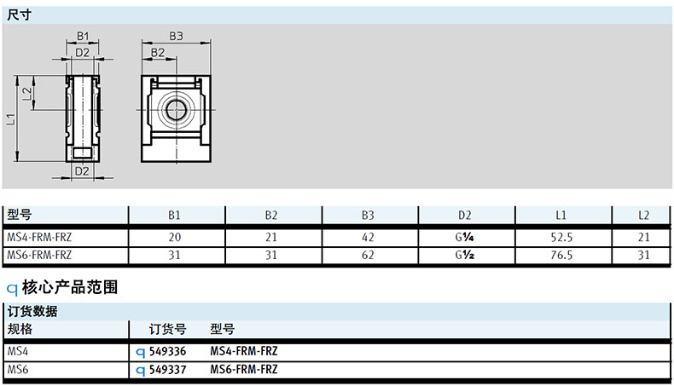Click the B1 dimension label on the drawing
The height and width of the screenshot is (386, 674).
pyautogui.click(x=83, y=36)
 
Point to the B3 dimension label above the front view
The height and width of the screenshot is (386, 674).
pyautogui.click(x=176, y=36)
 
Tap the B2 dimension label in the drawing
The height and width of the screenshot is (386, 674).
pyautogui.click(x=158, y=53)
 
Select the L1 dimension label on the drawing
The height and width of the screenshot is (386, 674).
pyautogui.click(x=11, y=119)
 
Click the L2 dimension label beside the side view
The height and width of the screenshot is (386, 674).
pyautogui.click(x=27, y=94)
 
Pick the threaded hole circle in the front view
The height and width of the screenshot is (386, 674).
pyautogui.click(x=176, y=110)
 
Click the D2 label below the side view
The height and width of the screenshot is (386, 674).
pyautogui.click(x=82, y=171)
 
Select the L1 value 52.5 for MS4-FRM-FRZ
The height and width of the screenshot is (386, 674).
pyautogui.click(x=561, y=238)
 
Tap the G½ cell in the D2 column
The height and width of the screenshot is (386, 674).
pyautogui.click(x=464, y=255)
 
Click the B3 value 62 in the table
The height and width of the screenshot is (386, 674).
pyautogui.click(x=368, y=255)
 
